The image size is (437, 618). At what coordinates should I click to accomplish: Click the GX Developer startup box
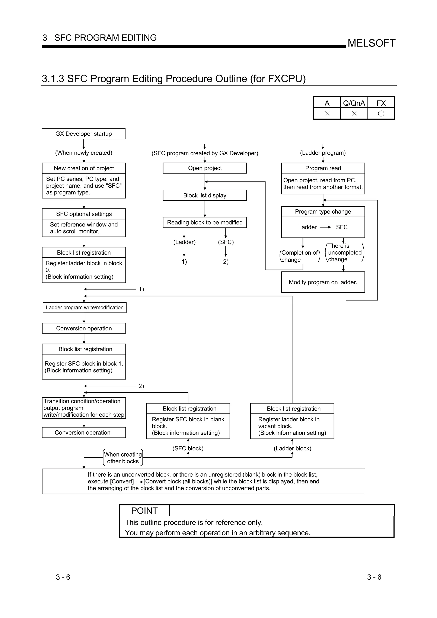(83, 133)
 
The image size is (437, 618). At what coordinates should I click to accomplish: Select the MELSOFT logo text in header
(371, 43)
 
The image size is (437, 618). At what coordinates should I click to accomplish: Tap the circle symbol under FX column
(381, 114)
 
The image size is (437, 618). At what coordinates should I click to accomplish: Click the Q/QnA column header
(354, 103)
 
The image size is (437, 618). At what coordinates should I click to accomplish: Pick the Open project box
(205, 168)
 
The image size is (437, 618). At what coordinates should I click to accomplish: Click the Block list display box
(205, 195)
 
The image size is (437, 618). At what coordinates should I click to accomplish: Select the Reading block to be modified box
(205, 222)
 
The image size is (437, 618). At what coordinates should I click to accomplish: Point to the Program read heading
(323, 168)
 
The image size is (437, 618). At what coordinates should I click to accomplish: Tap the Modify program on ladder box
(323, 282)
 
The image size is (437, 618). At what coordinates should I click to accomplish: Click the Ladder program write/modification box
(84, 307)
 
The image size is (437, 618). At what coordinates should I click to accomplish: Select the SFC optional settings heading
(84, 214)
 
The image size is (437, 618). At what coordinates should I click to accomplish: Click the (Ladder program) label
(323, 153)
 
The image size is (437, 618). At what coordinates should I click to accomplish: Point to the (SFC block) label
(188, 448)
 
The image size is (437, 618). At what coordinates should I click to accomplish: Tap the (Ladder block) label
(292, 448)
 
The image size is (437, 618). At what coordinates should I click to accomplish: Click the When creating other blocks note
(123, 458)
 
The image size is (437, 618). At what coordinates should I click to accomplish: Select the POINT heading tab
(144, 511)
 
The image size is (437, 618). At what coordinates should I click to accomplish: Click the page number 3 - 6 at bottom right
(374, 577)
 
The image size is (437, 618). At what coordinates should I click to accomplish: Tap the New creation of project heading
(84, 168)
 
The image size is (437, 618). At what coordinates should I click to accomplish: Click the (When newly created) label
(84, 153)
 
